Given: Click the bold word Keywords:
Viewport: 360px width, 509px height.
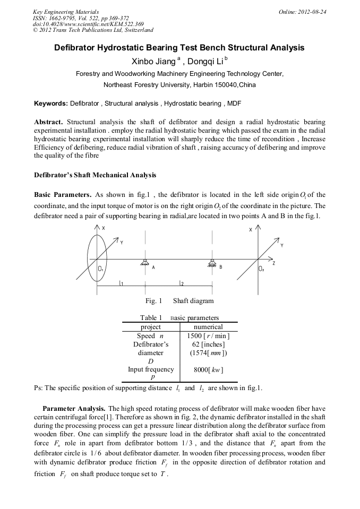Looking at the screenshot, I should click(x=51, y=102).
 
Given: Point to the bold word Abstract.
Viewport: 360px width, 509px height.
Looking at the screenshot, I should click(x=49, y=122).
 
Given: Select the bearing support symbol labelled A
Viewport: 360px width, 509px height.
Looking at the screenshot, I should click(x=144, y=261).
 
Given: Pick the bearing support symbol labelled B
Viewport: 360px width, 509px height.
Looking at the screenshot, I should click(x=212, y=261).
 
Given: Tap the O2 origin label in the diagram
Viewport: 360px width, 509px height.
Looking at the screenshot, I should click(x=261, y=269).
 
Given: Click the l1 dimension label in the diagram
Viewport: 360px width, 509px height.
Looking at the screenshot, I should click(x=122, y=283).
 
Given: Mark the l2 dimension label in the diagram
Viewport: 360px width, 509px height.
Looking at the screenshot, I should click(x=182, y=283).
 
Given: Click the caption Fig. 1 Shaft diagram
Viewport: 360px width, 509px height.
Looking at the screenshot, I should click(x=179, y=301).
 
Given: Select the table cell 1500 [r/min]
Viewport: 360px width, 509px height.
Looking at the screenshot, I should click(x=208, y=336).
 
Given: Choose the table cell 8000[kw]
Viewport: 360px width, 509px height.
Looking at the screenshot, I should click(x=208, y=369).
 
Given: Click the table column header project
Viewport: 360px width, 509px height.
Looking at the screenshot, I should click(x=150, y=327).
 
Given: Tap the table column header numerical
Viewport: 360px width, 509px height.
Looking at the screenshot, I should click(x=208, y=327).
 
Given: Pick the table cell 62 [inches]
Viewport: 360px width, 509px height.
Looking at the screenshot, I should click(x=208, y=344).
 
